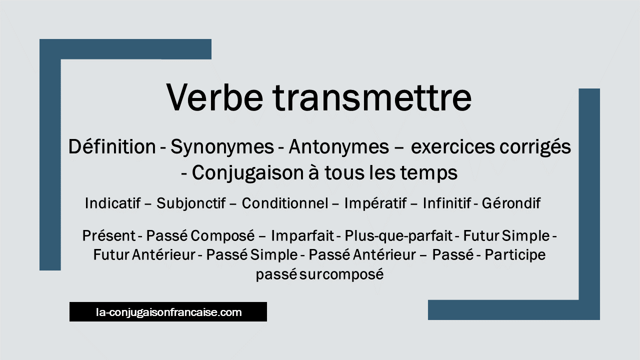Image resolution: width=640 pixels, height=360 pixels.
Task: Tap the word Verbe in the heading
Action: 214,97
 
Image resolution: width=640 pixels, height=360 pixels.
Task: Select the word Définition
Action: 112,146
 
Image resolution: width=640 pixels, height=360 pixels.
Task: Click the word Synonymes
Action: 222,147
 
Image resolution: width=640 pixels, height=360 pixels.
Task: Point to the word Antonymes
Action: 339,147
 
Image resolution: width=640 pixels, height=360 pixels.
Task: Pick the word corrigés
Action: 535,147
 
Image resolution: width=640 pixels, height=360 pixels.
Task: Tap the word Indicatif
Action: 113,203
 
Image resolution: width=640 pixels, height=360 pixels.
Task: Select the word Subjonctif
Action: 191,203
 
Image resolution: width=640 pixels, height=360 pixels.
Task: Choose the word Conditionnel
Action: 285,203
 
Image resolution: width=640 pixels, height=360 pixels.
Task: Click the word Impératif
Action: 375,203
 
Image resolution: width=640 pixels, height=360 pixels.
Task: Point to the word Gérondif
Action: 511,203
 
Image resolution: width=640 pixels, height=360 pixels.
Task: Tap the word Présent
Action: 109,235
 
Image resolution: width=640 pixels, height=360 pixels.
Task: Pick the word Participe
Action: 515,255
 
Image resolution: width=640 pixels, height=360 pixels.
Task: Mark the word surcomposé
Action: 341,275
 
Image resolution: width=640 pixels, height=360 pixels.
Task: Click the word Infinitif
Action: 447,203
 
